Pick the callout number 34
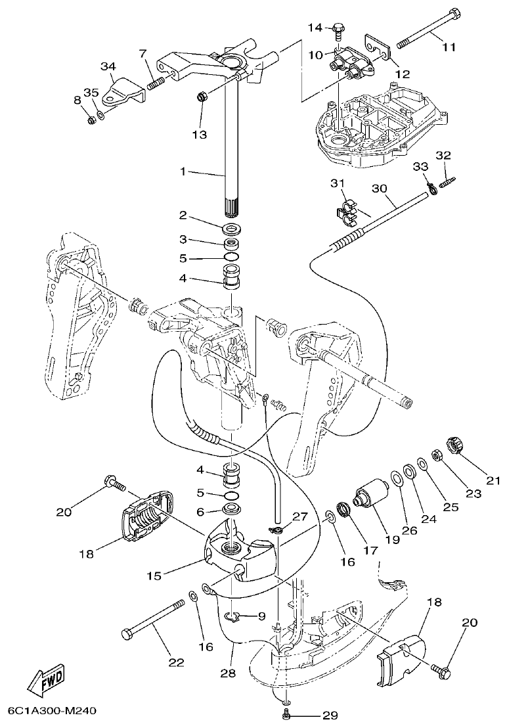[x=108, y=66]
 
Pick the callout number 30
[x=379, y=188]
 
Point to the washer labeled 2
[x=231, y=229]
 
